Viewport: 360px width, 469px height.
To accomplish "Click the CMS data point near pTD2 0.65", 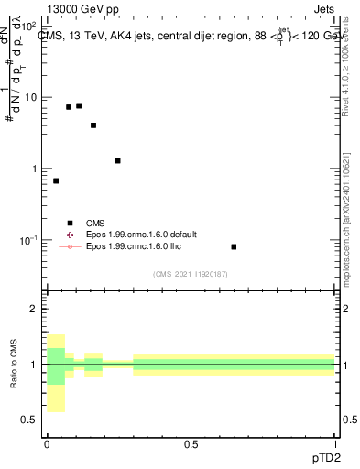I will (234, 246).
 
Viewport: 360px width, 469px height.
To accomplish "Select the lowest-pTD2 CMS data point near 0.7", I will (56, 180).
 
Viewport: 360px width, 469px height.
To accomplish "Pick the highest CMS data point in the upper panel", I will (79, 105).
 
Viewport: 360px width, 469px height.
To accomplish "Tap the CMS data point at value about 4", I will (93, 125).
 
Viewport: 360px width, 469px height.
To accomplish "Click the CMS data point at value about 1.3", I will (117, 160).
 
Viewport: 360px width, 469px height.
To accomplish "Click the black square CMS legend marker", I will (69, 222).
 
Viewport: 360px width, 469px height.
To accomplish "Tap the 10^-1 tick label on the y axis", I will (27, 240).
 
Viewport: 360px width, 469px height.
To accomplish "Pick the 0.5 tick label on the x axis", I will (191, 444).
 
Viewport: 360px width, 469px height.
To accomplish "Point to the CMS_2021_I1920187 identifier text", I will (190, 274).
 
